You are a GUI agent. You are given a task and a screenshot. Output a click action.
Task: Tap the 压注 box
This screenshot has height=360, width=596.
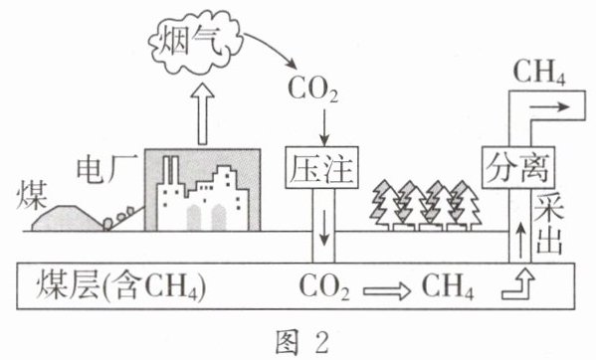pos(322,167)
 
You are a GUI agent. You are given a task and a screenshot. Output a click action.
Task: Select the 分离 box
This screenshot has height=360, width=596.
pos(518,167)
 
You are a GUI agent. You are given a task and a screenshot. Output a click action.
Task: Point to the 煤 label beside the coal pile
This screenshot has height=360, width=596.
pos(32,195)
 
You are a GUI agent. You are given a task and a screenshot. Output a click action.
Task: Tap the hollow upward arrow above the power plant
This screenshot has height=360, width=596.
pos(203,114)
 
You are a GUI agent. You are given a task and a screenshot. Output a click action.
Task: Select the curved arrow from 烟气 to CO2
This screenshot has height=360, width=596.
pos(271,48)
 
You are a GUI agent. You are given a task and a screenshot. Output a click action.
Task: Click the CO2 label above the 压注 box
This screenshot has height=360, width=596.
pos(312,90)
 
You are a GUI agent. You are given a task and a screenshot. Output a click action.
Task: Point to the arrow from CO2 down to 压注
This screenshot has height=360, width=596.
pos(323,127)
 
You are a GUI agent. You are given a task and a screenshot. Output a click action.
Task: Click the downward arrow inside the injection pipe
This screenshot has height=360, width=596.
pos(323,228)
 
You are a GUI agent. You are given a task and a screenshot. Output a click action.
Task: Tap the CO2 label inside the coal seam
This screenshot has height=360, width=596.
pos(324,287)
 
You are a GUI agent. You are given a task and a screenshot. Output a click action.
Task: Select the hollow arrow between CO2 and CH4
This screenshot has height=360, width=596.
pos(387,291)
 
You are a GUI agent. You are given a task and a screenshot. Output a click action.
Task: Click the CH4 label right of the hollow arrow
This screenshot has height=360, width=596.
pos(448,286)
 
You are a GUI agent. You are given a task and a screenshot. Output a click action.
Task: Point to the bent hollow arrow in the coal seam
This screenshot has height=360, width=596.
pos(519,286)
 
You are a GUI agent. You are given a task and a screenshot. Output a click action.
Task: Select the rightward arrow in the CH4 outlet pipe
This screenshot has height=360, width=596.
pos(550,106)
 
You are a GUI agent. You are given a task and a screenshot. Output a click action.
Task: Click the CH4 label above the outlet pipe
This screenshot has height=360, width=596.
pos(539,73)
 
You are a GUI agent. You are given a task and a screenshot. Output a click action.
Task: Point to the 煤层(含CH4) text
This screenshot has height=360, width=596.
pos(121,285)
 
